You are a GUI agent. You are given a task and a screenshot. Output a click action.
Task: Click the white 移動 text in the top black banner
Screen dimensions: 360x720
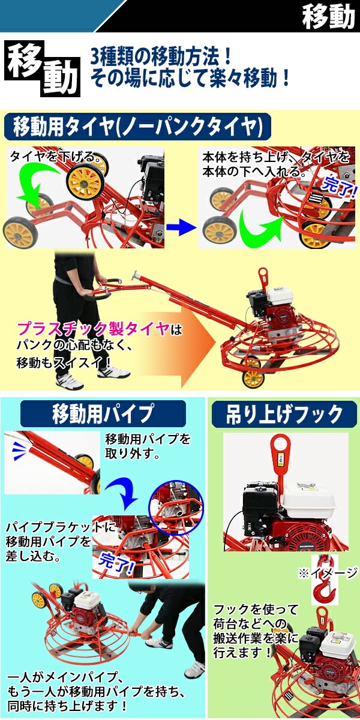(328, 16)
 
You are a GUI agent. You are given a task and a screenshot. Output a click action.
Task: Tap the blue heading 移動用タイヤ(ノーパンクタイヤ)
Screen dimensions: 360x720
(137, 127)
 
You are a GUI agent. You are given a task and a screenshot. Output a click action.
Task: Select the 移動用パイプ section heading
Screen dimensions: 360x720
(103, 413)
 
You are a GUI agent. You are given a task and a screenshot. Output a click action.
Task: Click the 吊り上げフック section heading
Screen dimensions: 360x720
(284, 414)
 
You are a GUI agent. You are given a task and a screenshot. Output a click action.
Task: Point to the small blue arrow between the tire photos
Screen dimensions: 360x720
(181, 227)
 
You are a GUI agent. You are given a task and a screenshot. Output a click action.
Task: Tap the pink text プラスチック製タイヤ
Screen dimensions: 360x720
(93, 329)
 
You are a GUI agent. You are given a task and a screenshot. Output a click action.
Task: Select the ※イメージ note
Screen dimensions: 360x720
(328, 573)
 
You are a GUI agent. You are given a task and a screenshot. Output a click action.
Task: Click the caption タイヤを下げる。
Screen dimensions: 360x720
(53, 157)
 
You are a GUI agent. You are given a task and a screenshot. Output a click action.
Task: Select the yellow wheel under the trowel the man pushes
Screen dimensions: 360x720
(253, 379)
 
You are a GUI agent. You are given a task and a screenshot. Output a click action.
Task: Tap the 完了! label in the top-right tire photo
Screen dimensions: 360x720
(339, 187)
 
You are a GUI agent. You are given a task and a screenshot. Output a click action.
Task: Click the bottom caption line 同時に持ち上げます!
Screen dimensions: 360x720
(67, 707)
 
